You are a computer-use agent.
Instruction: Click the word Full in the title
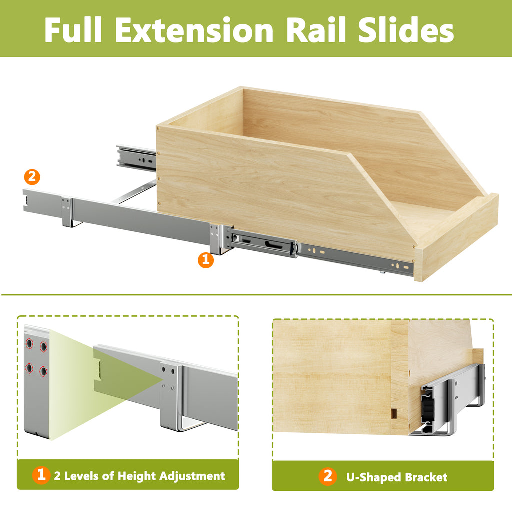coord(73,29)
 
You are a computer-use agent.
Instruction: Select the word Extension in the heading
coord(194,30)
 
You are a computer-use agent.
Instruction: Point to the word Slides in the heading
coord(406,29)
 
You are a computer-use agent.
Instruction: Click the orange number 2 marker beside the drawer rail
coord(32,177)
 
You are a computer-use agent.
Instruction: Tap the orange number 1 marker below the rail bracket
coord(206,260)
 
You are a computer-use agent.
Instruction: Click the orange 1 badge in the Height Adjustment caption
coord(41,475)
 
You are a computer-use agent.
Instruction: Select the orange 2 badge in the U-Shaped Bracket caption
coord(328,476)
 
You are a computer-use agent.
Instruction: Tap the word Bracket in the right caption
coord(426,477)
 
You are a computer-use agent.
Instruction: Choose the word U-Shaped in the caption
coord(373,477)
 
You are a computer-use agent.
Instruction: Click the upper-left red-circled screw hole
coord(29,343)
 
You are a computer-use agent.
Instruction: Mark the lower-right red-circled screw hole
coord(43,371)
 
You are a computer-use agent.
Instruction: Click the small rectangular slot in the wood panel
coord(394,413)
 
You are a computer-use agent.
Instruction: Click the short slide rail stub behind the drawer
coord(136,157)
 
